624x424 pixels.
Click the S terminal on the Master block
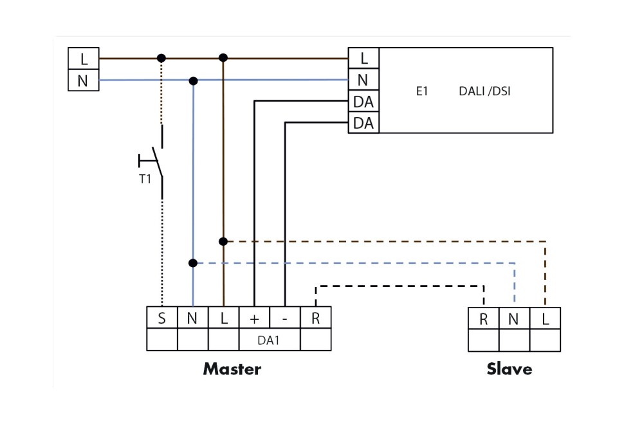pos(162,318)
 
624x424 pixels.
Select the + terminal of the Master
pos(254,318)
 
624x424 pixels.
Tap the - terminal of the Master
pos(285,318)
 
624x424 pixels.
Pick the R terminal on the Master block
pos(315,318)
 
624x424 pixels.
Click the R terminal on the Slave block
pos(484,319)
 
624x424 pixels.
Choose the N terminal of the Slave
pos(514,319)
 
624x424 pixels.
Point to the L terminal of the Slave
pos(545,319)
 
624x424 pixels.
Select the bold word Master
pos(232,369)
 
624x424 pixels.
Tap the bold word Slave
pos(509,369)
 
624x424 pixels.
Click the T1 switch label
pos(145,179)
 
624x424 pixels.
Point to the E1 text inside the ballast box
pos(422,91)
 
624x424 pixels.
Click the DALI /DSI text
pos(485,91)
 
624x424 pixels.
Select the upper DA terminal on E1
pos(363,102)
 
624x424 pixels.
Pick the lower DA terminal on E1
pos(363,122)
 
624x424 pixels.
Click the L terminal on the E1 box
pos(363,59)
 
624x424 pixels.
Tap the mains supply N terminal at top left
pos(83,81)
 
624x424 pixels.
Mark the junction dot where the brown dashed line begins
pos(223,241)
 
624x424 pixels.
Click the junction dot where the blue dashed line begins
pos(193,263)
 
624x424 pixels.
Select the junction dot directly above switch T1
pos(161,58)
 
